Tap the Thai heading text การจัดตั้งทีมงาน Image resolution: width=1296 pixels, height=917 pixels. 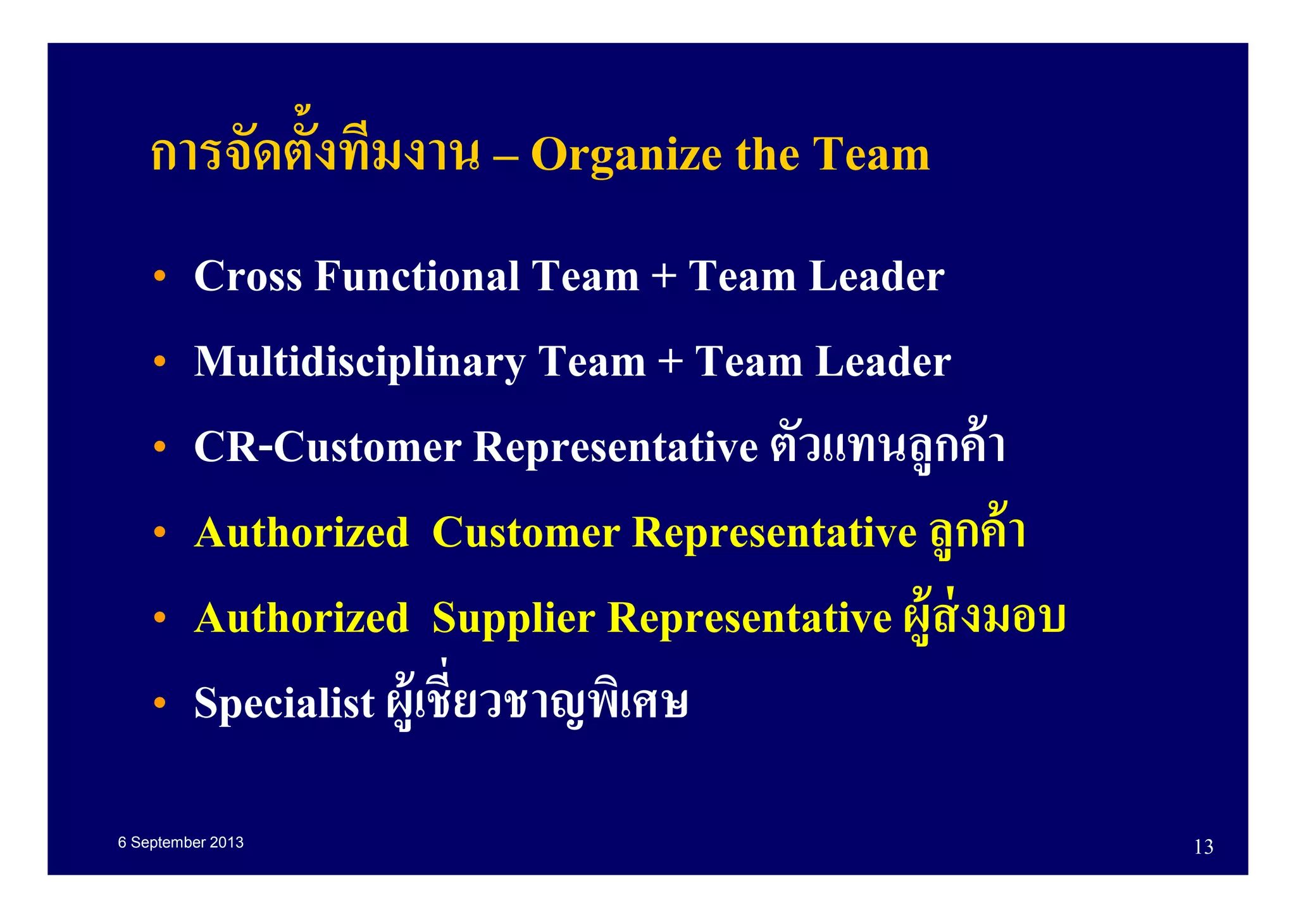click(x=315, y=152)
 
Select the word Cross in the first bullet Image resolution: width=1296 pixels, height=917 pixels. click(x=247, y=277)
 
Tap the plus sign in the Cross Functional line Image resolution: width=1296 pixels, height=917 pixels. click(x=664, y=277)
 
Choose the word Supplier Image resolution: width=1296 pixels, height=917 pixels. click(x=513, y=619)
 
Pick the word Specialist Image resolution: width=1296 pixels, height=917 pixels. click(x=284, y=704)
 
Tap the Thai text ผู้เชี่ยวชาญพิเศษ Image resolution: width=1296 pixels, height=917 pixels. click(x=537, y=700)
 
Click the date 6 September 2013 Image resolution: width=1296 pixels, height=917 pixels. click(x=180, y=843)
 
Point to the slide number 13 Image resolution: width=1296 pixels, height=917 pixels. click(x=1203, y=847)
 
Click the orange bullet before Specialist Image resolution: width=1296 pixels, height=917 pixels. click(x=159, y=702)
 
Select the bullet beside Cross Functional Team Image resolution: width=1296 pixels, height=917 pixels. click(x=159, y=276)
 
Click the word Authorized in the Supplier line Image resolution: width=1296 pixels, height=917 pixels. click(x=301, y=619)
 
